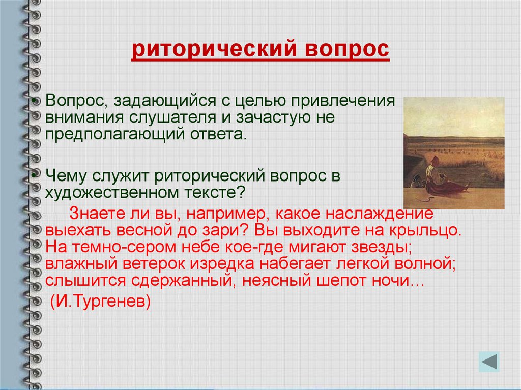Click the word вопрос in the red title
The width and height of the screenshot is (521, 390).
(x=346, y=49)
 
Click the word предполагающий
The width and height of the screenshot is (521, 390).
(x=115, y=135)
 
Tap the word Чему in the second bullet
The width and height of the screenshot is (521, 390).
(x=66, y=176)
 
